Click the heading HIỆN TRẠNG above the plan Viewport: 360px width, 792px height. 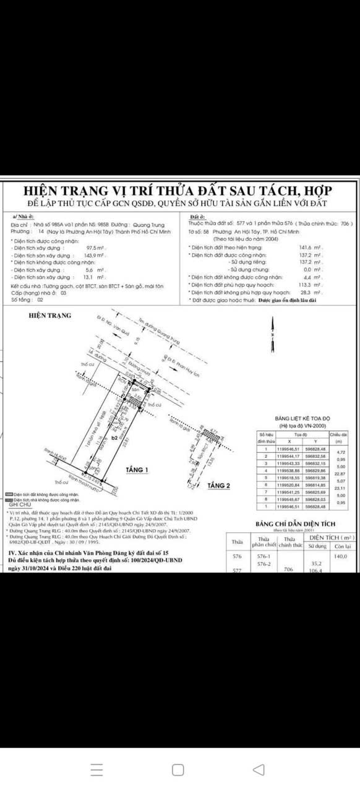(50, 316)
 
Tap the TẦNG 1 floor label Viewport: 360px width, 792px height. (137, 470)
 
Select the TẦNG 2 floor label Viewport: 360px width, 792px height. (219, 486)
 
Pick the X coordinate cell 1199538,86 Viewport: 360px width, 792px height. (289, 470)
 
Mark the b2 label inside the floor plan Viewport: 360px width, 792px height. (96, 437)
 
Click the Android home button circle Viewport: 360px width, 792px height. (178, 769)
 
